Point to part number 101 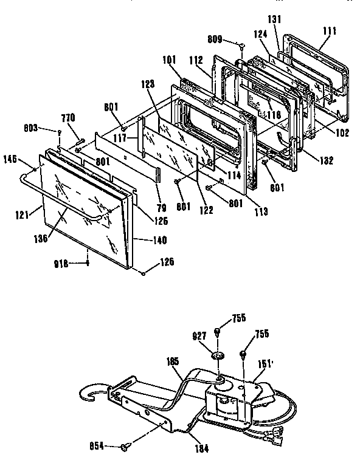tap(170, 61)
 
